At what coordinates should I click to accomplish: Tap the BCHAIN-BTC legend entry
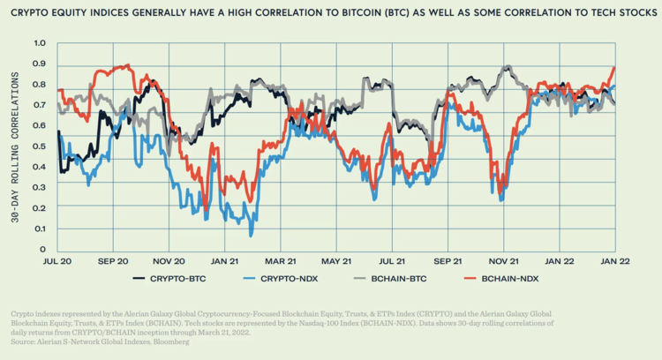pyautogui.click(x=406, y=279)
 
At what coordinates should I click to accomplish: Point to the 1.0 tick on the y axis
pyautogui.click(x=39, y=43)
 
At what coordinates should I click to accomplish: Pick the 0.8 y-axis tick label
pyautogui.click(x=39, y=85)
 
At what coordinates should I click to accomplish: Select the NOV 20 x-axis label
pyautogui.click(x=168, y=261)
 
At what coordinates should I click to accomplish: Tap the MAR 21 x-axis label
pyautogui.click(x=279, y=261)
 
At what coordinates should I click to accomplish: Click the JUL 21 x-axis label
pyautogui.click(x=390, y=261)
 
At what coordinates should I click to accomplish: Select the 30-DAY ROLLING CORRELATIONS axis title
pyautogui.click(x=17, y=146)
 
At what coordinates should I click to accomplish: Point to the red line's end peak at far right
pyautogui.click(x=613, y=68)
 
